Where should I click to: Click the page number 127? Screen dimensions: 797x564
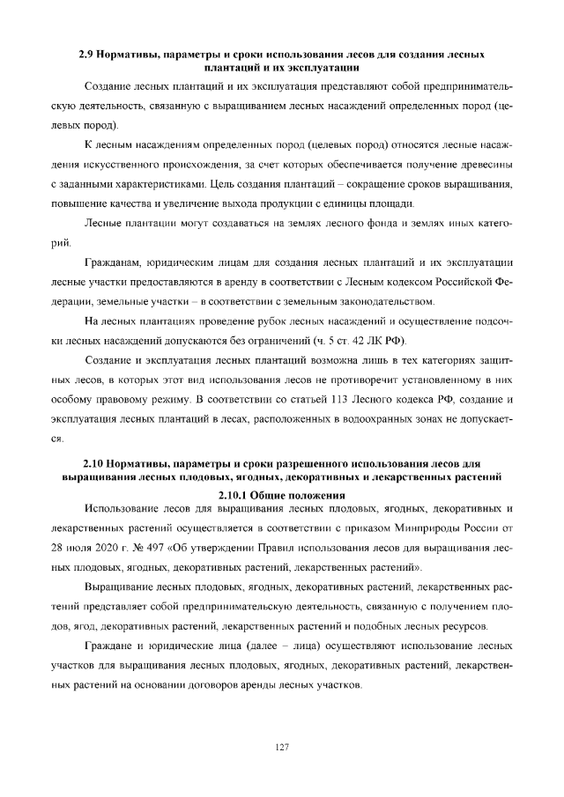pos(282,747)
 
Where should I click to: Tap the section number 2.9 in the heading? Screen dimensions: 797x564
pos(86,55)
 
